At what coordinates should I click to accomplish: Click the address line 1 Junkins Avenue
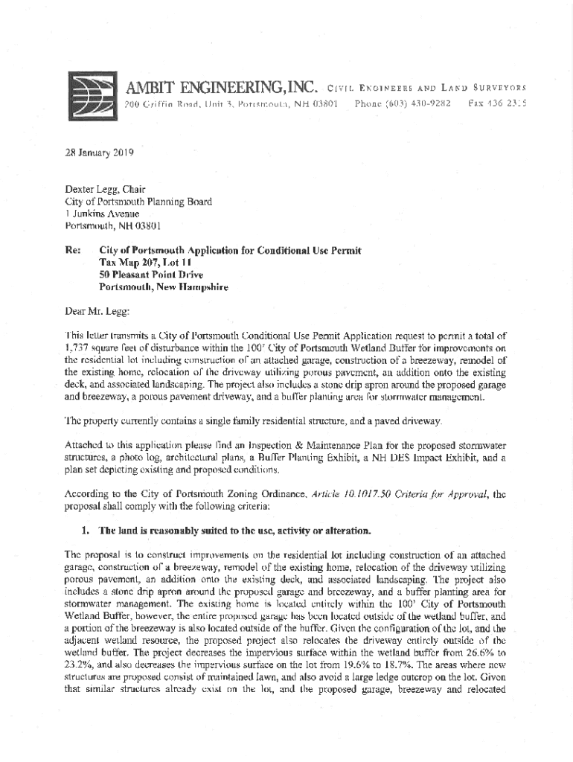103,213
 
